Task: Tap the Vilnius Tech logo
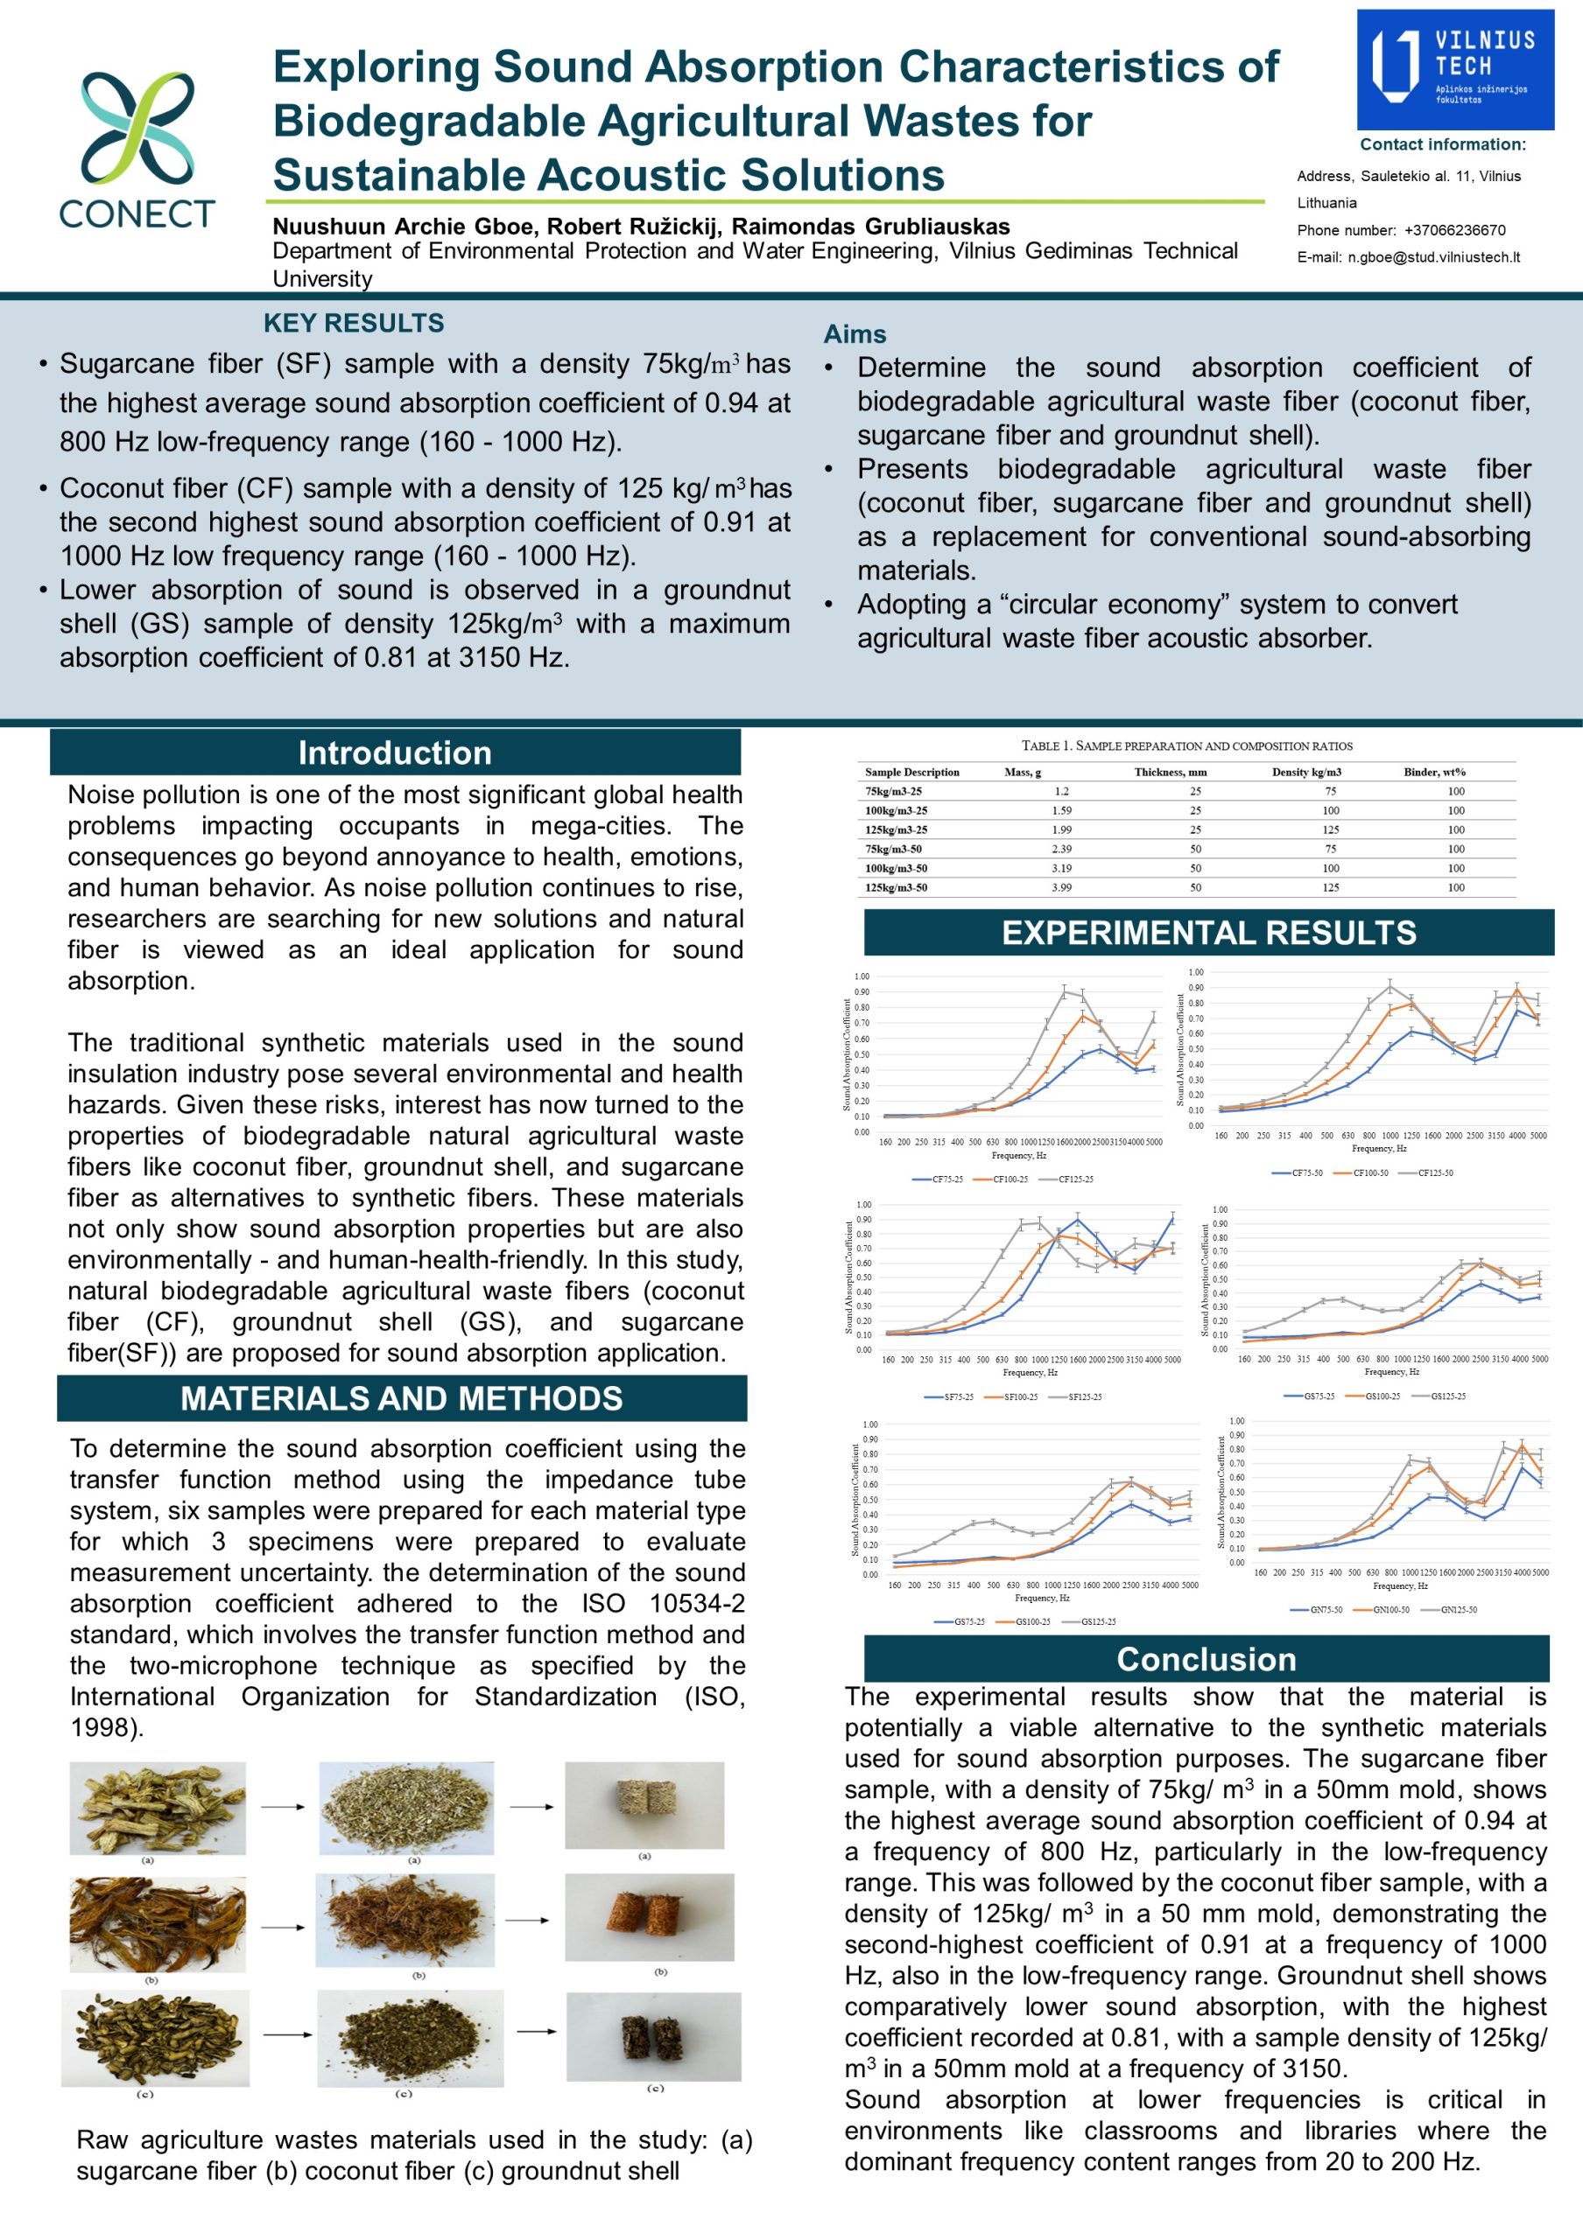pyautogui.click(x=1454, y=69)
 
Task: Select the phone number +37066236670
pyautogui.click(x=1454, y=230)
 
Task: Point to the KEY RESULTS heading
pyautogui.click(x=354, y=323)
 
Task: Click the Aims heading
pyautogui.click(x=855, y=334)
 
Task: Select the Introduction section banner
pyautogui.click(x=395, y=752)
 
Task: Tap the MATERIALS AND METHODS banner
pyautogui.click(x=401, y=1398)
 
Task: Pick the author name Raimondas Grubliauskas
pyautogui.click(x=870, y=227)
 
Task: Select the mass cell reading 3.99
pyautogui.click(x=1062, y=888)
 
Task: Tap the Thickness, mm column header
pyautogui.click(x=1170, y=772)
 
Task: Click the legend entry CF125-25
pyautogui.click(x=1075, y=1179)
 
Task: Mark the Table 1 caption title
pyautogui.click(x=1186, y=746)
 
